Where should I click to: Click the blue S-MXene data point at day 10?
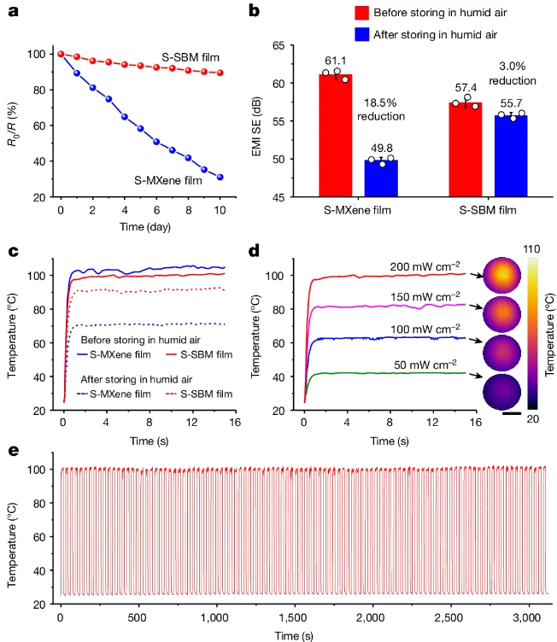[220, 178]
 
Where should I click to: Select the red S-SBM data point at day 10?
[220, 73]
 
